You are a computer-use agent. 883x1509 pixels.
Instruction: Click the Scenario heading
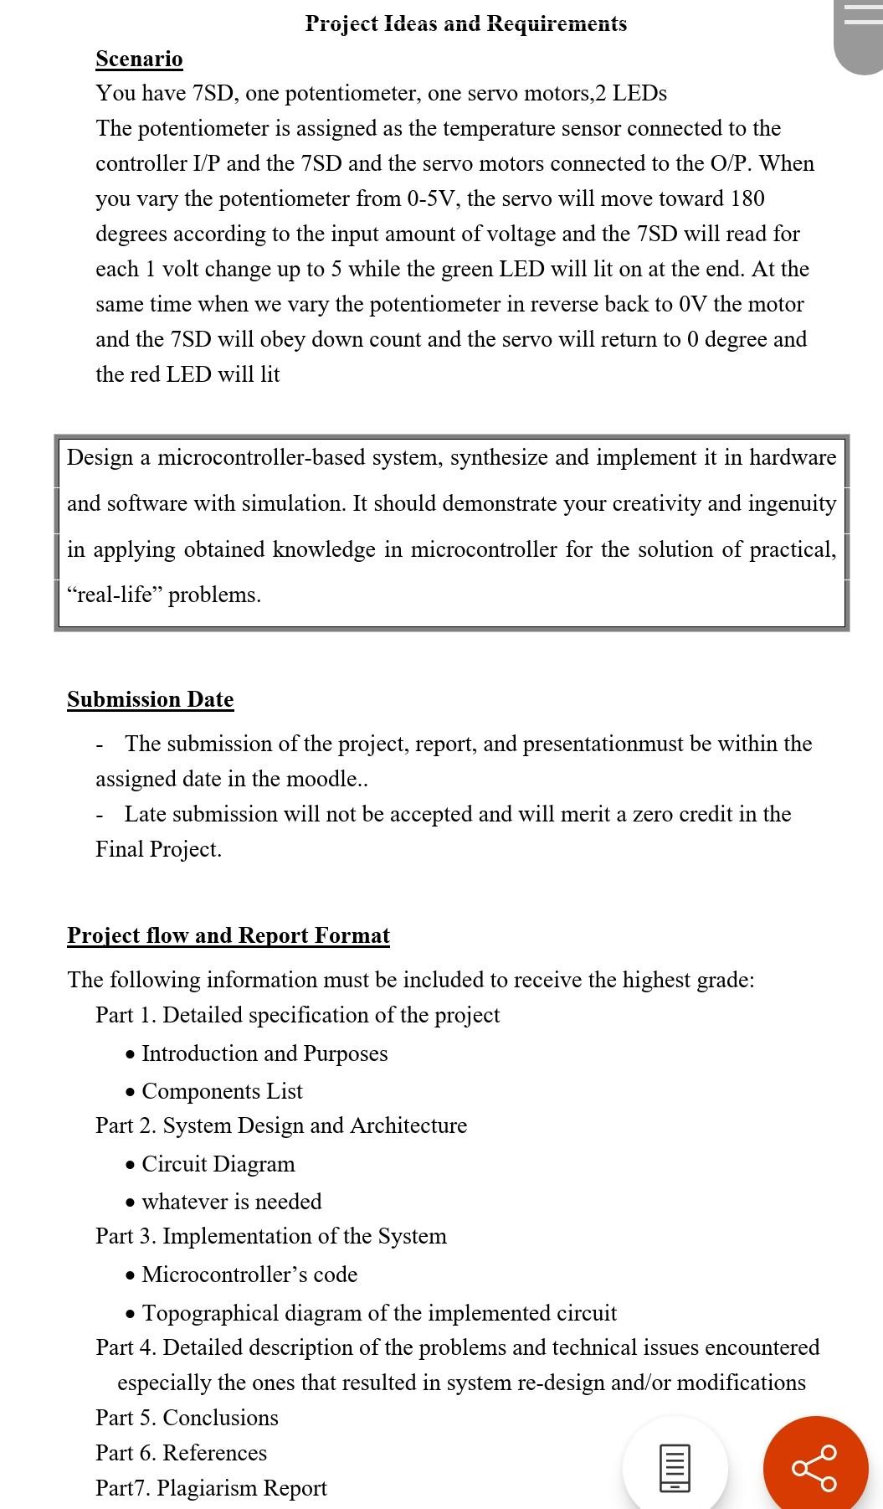pyautogui.click(x=139, y=59)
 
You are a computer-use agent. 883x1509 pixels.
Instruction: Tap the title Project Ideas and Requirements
pyautogui.click(x=465, y=23)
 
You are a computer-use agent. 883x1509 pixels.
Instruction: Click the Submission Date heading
pyautogui.click(x=151, y=699)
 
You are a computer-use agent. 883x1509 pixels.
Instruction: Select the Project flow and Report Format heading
pyautogui.click(x=228, y=935)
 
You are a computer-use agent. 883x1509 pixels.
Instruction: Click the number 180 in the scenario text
pyautogui.click(x=747, y=198)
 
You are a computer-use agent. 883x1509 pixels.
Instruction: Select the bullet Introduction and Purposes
pyautogui.click(x=264, y=1053)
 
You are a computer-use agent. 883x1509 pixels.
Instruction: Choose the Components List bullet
pyautogui.click(x=222, y=1091)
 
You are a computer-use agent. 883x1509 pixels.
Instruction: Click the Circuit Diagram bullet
pyautogui.click(x=218, y=1164)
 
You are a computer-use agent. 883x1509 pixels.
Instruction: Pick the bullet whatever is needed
pyautogui.click(x=232, y=1202)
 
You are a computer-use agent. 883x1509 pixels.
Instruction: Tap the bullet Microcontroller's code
pyautogui.click(x=249, y=1275)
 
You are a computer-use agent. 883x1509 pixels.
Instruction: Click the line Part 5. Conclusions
pyautogui.click(x=187, y=1418)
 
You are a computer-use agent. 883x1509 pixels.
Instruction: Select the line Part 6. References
pyautogui.click(x=181, y=1453)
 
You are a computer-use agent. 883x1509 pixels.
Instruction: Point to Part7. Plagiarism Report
pyautogui.click(x=211, y=1488)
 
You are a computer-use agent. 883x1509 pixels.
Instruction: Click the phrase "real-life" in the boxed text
pyautogui.click(x=114, y=595)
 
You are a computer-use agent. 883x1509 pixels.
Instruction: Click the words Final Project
pyautogui.click(x=158, y=849)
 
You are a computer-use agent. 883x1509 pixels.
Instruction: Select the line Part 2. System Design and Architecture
pyautogui.click(x=281, y=1125)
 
